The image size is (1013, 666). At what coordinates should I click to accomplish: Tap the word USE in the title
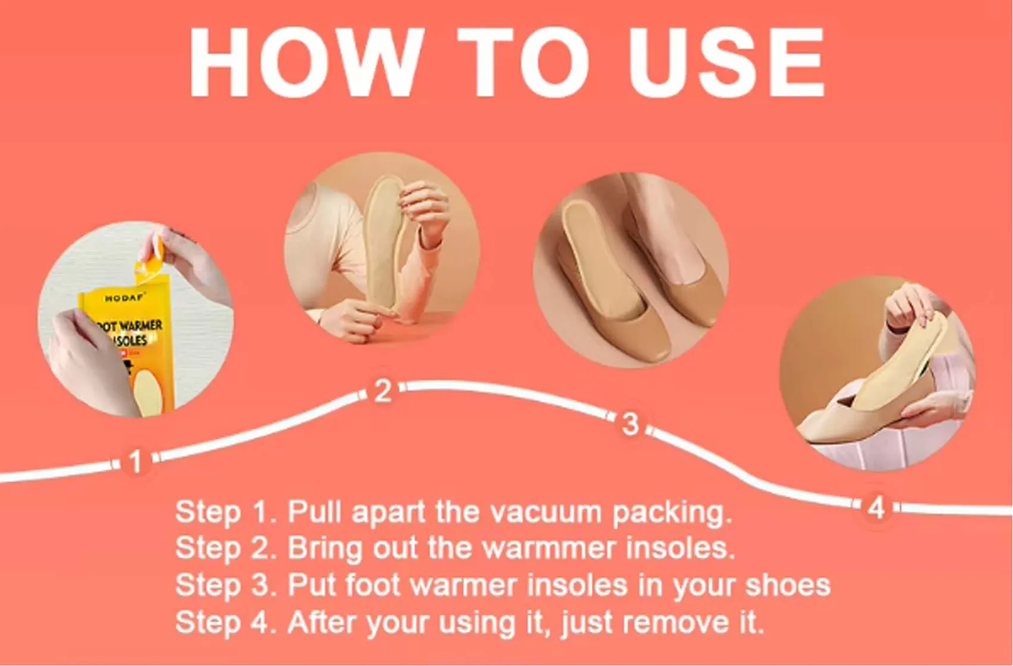click(726, 62)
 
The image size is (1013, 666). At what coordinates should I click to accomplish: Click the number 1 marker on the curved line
click(136, 461)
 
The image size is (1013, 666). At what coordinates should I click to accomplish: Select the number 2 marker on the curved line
click(383, 391)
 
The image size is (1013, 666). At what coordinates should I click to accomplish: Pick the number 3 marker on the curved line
click(631, 425)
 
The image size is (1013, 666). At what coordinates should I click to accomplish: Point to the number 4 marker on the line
click(876, 508)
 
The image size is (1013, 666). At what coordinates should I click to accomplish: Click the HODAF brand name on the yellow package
click(124, 298)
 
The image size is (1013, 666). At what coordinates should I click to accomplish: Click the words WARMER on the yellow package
click(141, 326)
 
